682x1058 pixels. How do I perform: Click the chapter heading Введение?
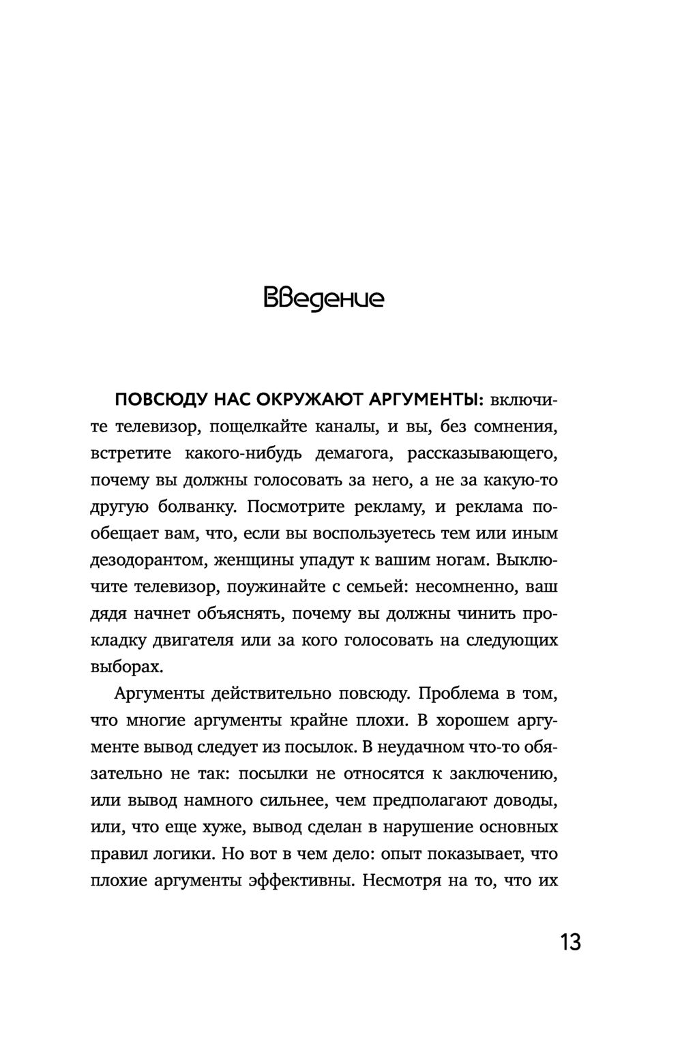click(x=323, y=299)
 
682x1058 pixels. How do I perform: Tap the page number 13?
click(x=570, y=943)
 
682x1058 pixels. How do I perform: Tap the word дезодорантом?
click(x=147, y=560)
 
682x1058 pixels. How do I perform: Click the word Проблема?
click(x=456, y=694)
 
